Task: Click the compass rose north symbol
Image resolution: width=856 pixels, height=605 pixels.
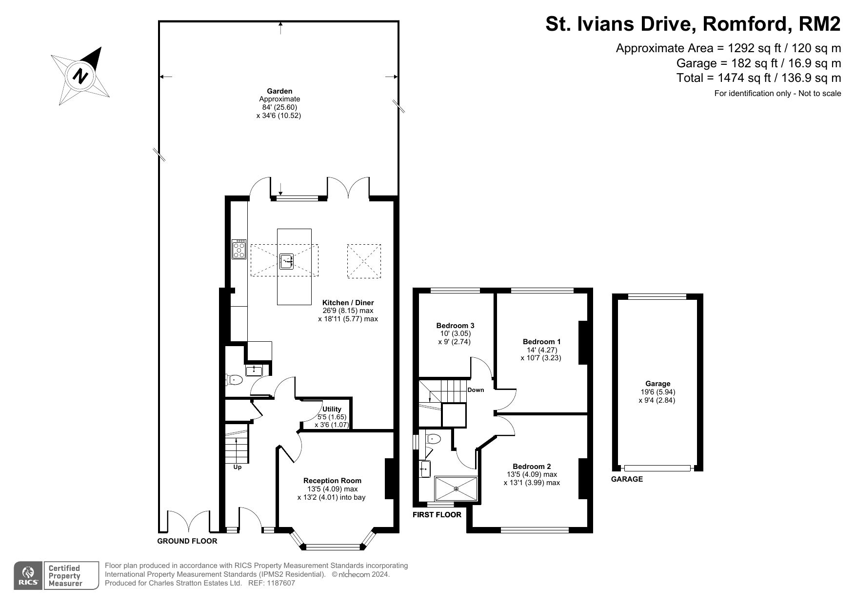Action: pos(80,76)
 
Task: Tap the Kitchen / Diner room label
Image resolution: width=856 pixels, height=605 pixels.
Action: pos(348,303)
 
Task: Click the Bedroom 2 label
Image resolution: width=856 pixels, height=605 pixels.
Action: pos(532,466)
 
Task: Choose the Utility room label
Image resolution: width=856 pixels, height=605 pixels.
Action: pos(332,409)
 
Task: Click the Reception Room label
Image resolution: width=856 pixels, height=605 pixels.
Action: pos(332,481)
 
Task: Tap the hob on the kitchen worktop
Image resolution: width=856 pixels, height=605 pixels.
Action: pos(239,249)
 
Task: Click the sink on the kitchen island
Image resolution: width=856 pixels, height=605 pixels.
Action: pos(287,261)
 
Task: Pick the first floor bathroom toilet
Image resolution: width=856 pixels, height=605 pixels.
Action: pos(433,439)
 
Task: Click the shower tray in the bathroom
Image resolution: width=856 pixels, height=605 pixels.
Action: pos(456,488)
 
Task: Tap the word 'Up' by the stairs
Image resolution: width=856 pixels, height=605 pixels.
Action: pos(238,467)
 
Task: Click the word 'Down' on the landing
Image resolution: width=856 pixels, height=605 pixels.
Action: pos(476,390)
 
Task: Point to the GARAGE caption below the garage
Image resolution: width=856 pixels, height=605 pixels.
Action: pos(627,479)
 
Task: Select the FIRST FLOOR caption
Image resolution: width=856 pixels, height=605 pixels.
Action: pos(437,515)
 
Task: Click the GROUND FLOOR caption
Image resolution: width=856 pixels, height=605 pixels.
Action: pos(187,541)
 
